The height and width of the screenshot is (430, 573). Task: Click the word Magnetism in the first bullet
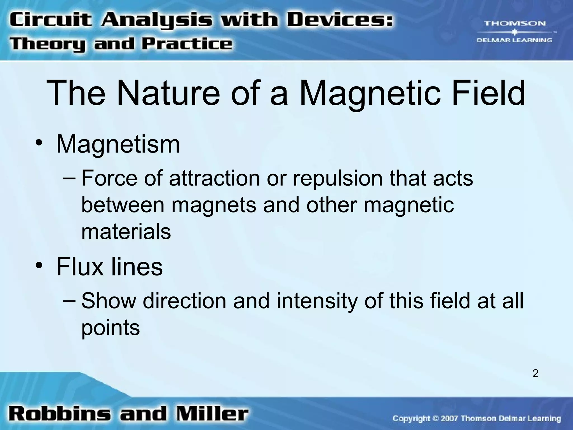pyautogui.click(x=118, y=144)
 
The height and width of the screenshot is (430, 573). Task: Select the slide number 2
pyautogui.click(x=535, y=373)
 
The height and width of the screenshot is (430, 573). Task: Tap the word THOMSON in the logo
pyautogui.click(x=515, y=24)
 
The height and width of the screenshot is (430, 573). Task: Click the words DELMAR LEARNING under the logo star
pyautogui.click(x=514, y=40)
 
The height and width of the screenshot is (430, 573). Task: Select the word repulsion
pyautogui.click(x=337, y=178)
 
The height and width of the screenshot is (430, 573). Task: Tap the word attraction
pyautogui.click(x=214, y=178)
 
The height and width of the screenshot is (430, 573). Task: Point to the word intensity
pyautogui.click(x=317, y=301)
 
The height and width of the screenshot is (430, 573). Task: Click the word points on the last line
pyautogui.click(x=110, y=328)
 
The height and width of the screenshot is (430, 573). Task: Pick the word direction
pyautogui.click(x=185, y=301)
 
